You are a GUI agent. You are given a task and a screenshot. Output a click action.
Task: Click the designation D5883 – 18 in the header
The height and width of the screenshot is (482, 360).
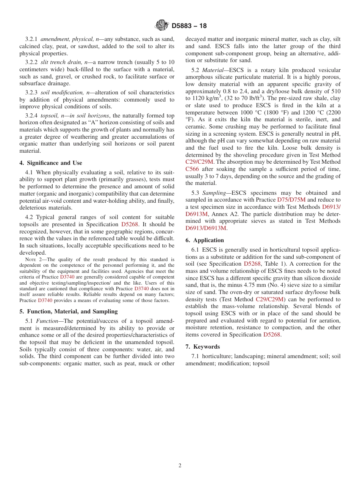pos(189,26)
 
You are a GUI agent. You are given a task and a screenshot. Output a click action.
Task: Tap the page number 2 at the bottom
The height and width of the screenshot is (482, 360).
pos(180,466)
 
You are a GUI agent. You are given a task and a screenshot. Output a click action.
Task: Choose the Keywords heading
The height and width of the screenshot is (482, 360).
pos(202,347)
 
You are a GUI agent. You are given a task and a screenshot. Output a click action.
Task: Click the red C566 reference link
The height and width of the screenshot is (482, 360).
pos(192,169)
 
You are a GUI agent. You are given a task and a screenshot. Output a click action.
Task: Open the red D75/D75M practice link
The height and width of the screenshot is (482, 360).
pos(291,200)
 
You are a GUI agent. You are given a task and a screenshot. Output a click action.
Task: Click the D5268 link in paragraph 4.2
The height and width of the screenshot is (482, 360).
pos(130,224)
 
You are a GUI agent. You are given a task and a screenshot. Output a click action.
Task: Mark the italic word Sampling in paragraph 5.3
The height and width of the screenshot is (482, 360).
pos(214,193)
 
